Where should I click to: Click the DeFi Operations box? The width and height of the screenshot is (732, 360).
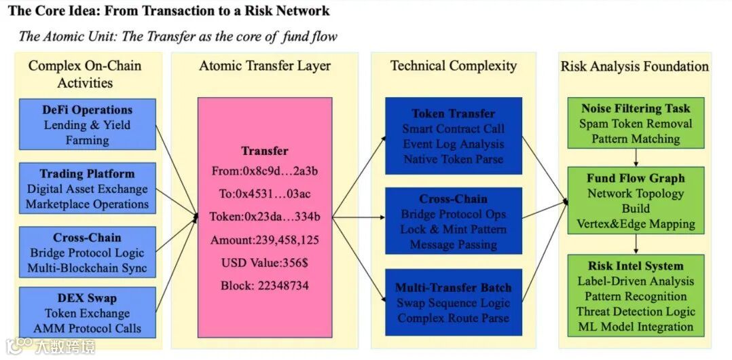tap(88, 124)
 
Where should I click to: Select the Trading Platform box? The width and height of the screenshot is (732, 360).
tap(88, 188)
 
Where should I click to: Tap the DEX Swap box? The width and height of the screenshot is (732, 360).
tap(88, 312)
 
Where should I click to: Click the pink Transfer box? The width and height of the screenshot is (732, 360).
tap(265, 217)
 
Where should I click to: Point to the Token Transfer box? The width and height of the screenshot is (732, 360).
tap(454, 136)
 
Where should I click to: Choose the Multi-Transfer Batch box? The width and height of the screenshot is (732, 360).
tap(454, 302)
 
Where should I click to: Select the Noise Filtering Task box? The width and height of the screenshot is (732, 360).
tap(636, 123)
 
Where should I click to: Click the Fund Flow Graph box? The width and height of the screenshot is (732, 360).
tap(636, 200)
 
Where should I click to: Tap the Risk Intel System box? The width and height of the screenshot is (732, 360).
tap(636, 295)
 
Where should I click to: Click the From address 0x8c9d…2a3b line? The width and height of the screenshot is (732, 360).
tap(265, 171)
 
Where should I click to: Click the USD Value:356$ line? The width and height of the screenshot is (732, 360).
tap(265, 262)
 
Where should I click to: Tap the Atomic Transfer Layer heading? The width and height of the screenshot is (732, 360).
tap(265, 66)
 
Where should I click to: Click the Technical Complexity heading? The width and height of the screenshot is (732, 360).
tap(454, 65)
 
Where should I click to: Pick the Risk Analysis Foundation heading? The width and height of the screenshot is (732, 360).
tap(635, 66)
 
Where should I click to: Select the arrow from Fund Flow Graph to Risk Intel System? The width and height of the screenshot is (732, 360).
tap(636, 245)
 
